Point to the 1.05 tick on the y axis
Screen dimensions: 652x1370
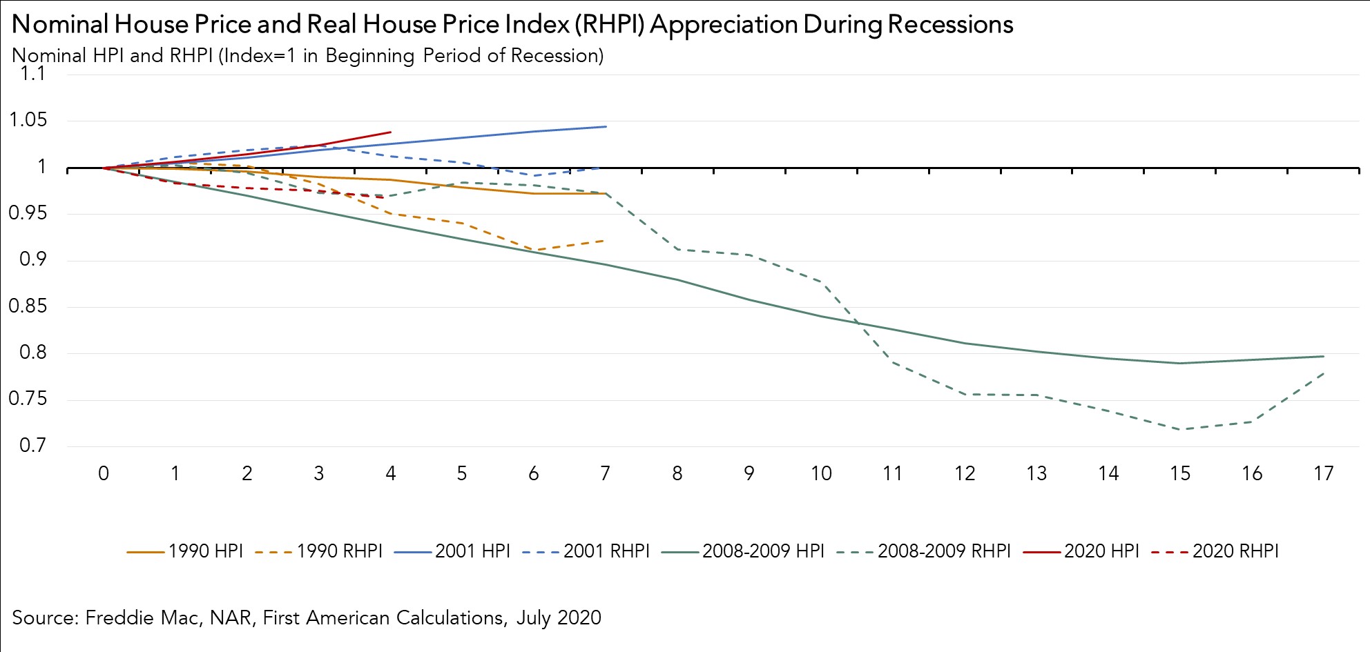(x=28, y=120)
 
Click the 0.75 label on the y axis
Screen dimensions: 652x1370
(x=28, y=399)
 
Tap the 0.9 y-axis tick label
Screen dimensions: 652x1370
(x=32, y=259)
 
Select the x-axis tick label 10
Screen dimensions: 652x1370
(x=820, y=473)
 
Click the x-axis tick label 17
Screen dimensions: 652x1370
(x=1323, y=473)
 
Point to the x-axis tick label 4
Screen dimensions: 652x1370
(x=390, y=473)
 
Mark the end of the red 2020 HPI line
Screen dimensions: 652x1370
(x=391, y=132)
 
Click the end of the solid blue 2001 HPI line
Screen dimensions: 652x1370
(x=606, y=126)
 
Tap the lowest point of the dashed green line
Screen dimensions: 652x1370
(x=1181, y=429)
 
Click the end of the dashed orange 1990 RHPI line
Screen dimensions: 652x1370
(x=605, y=240)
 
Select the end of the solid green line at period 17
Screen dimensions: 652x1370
(x=1323, y=356)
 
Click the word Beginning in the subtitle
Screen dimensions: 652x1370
(x=370, y=56)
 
